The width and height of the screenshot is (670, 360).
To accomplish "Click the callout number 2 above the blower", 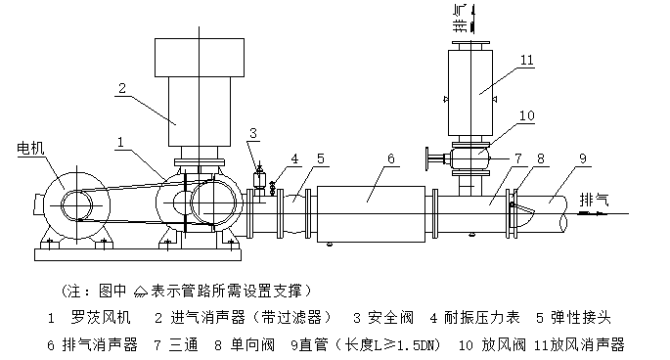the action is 122,88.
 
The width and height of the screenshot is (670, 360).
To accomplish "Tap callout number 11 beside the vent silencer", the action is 527,60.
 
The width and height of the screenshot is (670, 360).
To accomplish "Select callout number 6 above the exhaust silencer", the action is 391,158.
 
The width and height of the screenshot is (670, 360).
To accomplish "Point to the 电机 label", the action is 30,148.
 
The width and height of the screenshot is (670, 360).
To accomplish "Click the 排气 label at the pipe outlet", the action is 594,200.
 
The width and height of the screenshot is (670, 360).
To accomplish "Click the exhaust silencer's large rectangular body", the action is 371,214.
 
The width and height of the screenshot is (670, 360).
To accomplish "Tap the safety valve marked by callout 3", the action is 259,179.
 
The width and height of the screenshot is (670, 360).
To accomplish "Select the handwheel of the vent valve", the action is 427,158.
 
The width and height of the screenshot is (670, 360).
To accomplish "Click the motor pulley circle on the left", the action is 76,205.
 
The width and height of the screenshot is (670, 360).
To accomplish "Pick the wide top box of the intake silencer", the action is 200,58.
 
